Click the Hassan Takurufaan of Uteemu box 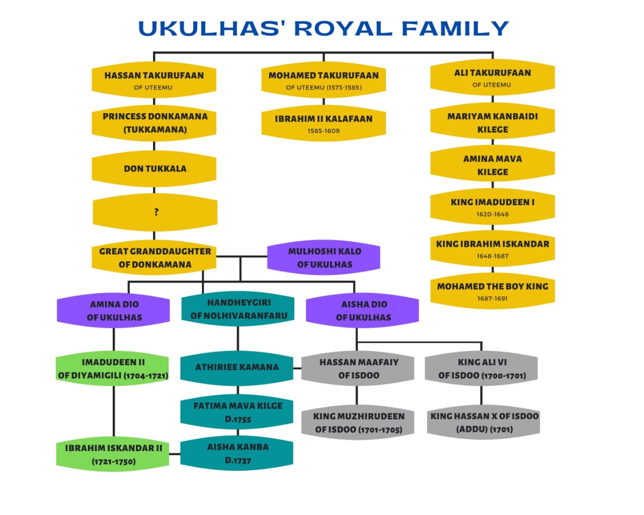(x=154, y=80)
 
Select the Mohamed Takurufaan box (x=324, y=80)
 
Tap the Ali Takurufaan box (x=492, y=77)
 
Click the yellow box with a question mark (x=155, y=212)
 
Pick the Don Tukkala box (x=154, y=168)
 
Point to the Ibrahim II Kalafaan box (x=324, y=123)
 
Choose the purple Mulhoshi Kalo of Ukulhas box (x=324, y=257)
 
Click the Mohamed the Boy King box (x=492, y=291)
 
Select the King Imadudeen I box (x=492, y=207)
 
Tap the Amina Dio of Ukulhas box (x=114, y=310)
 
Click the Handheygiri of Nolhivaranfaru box (x=238, y=309)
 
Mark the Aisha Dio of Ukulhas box (x=363, y=310)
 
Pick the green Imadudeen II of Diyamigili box (x=113, y=368)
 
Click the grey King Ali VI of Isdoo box (x=481, y=368)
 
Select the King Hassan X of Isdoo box (x=484, y=422)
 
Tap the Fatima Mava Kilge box (x=237, y=412)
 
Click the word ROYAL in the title (x=342, y=29)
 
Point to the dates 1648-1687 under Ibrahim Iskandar (x=492, y=256)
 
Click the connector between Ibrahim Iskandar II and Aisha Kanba (x=175, y=454)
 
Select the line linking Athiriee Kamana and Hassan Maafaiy (x=297, y=368)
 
